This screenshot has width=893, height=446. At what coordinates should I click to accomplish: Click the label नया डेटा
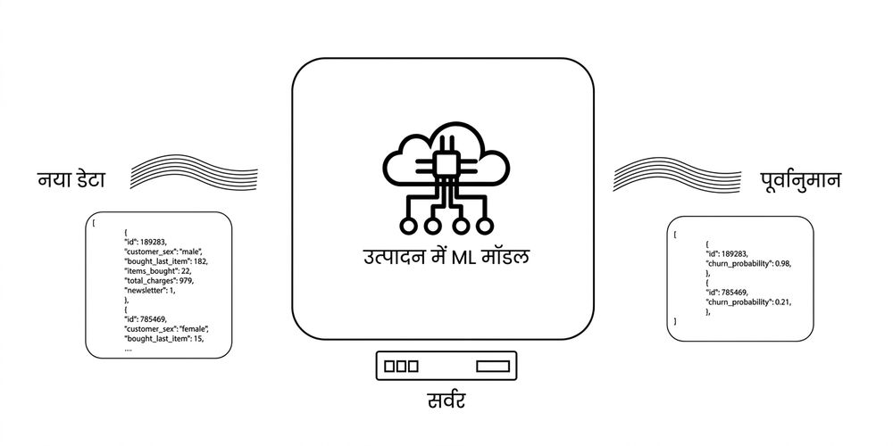(x=71, y=180)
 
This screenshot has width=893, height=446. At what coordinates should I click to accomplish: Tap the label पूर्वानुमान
(x=800, y=180)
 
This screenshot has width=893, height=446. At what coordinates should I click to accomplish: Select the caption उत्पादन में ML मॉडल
(x=446, y=257)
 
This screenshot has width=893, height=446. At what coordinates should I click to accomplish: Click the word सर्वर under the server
(x=446, y=400)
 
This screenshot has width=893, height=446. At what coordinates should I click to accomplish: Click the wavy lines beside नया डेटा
(x=194, y=171)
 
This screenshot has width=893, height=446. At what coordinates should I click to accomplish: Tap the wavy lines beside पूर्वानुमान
(x=677, y=174)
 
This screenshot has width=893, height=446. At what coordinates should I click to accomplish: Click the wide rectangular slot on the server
(x=493, y=366)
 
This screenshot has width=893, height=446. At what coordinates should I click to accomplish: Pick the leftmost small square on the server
(x=389, y=366)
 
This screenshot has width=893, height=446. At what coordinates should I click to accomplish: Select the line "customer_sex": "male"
(x=163, y=251)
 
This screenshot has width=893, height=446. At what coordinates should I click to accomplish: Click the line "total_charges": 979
(x=160, y=280)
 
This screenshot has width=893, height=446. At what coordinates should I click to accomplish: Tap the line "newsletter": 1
(x=150, y=290)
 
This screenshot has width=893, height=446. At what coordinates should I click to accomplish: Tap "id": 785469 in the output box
(x=727, y=293)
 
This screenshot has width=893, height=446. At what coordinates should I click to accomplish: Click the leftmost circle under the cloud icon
(x=408, y=226)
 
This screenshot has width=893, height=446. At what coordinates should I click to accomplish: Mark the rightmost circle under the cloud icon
(x=485, y=226)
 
